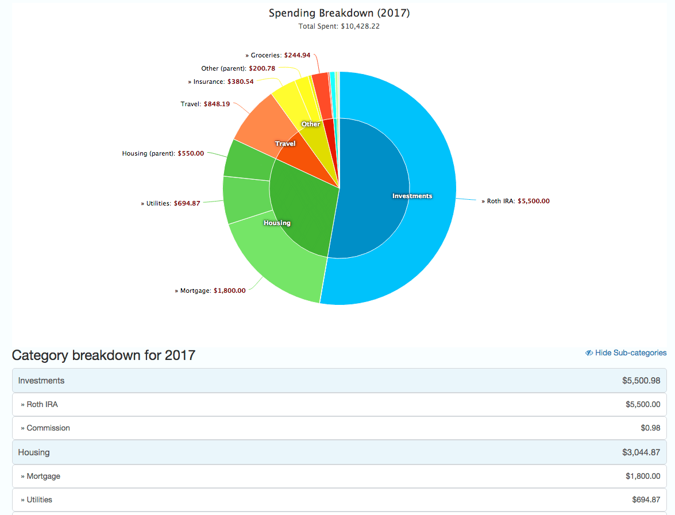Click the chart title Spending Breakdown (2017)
click(x=339, y=13)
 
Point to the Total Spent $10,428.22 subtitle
click(x=339, y=26)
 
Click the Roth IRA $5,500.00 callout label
click(x=515, y=202)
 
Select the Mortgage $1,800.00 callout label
click(x=210, y=291)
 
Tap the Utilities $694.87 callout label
click(x=171, y=203)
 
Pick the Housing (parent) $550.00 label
click(x=163, y=154)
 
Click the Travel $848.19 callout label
click(x=205, y=104)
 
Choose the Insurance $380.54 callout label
click(x=221, y=82)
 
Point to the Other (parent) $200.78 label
click(x=238, y=69)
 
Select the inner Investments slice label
click(x=412, y=196)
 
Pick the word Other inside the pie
click(x=311, y=125)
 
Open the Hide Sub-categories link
click(x=626, y=353)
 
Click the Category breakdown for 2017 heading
click(x=103, y=355)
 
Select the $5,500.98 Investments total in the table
click(x=641, y=381)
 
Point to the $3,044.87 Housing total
click(x=641, y=452)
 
